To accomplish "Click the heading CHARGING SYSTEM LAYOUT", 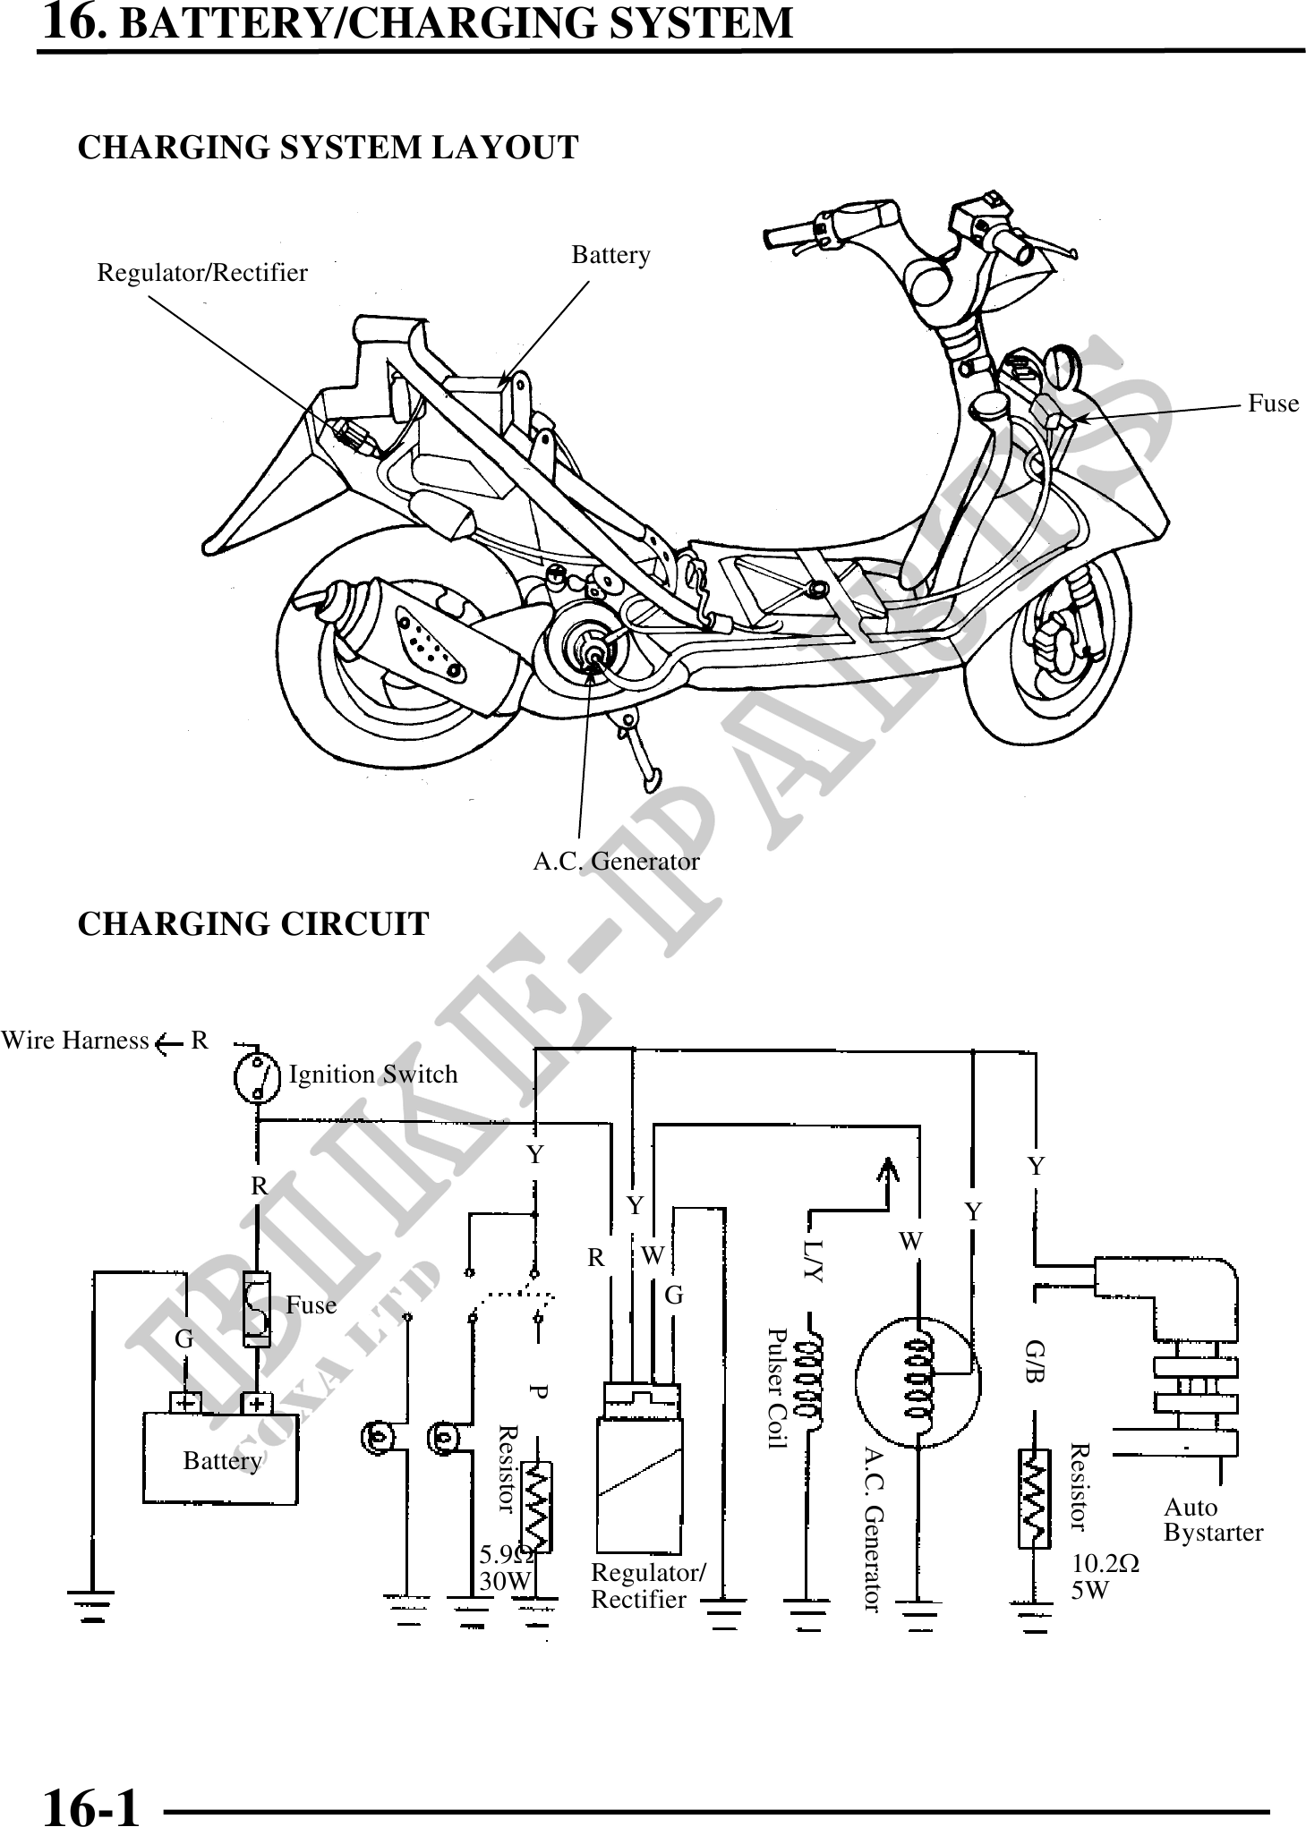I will (x=328, y=148).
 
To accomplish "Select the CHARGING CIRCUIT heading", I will (x=253, y=923).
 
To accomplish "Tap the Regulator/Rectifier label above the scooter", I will (x=202, y=273).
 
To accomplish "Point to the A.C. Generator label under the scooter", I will (x=616, y=862).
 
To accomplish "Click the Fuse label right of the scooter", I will (x=1273, y=404).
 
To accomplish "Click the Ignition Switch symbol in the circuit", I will (x=257, y=1079).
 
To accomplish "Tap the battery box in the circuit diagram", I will (x=220, y=1459).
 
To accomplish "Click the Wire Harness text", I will (x=75, y=1041).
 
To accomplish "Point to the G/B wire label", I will (x=1036, y=1361).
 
